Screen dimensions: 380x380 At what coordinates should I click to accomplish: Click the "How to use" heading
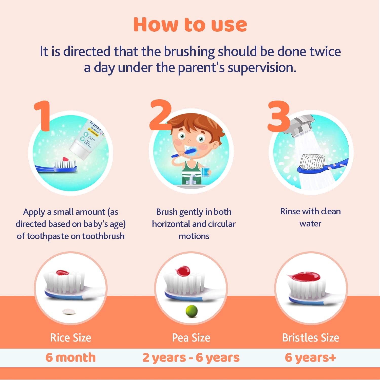coord(190,25)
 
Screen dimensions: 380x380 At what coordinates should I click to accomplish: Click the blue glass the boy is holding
coord(205,172)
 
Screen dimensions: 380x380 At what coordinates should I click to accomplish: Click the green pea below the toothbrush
coord(192,311)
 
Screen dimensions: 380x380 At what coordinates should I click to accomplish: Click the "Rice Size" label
coord(71,338)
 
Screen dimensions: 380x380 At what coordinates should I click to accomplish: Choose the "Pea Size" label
coord(191,338)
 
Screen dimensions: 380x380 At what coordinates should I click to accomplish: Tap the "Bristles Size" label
coord(311,338)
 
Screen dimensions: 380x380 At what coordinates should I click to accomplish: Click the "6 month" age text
coord(71,357)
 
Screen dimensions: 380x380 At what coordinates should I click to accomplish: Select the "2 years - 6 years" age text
coord(191,357)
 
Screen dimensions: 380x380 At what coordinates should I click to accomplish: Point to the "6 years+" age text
coord(311,357)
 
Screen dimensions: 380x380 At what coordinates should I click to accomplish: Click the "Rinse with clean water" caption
coord(310,217)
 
